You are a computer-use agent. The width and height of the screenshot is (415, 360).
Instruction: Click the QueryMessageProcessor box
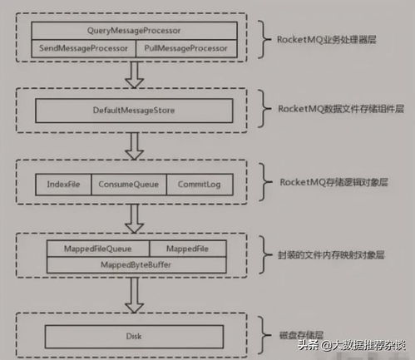coord(135,31)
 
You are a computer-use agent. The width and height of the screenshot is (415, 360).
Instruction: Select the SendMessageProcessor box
coord(83,48)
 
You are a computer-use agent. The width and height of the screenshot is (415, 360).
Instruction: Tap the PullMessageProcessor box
coord(186,48)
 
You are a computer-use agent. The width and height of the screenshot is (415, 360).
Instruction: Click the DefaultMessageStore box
coord(134,111)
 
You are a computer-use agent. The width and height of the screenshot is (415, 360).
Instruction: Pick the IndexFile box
coord(63,185)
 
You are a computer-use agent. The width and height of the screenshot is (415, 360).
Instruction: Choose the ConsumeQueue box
coord(129,185)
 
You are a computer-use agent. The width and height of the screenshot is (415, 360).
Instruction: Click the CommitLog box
coord(200,185)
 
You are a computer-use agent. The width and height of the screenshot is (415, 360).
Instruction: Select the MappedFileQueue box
coord(98,249)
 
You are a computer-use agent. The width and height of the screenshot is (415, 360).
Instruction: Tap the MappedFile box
coord(188,249)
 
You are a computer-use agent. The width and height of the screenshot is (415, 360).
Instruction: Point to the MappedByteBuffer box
coord(136,265)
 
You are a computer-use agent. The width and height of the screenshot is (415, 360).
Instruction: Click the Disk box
coord(134,337)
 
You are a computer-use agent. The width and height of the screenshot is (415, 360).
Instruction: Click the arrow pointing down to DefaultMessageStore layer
coord(135,75)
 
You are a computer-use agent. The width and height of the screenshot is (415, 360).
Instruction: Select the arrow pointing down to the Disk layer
coord(135,295)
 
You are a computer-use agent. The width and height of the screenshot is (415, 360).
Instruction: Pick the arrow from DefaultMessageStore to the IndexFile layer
coord(135,146)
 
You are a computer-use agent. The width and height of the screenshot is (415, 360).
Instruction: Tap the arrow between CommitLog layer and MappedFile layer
coord(135,219)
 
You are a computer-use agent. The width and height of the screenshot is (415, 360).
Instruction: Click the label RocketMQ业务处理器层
coord(327,40)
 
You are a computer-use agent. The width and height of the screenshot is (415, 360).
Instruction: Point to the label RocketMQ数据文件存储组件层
coord(341,109)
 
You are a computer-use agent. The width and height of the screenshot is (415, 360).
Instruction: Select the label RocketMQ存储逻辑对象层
coord(333,182)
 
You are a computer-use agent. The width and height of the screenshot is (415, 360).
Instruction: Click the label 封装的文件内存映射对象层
coord(331,255)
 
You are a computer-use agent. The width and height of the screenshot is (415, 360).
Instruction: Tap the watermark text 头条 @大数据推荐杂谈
coord(352,345)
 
